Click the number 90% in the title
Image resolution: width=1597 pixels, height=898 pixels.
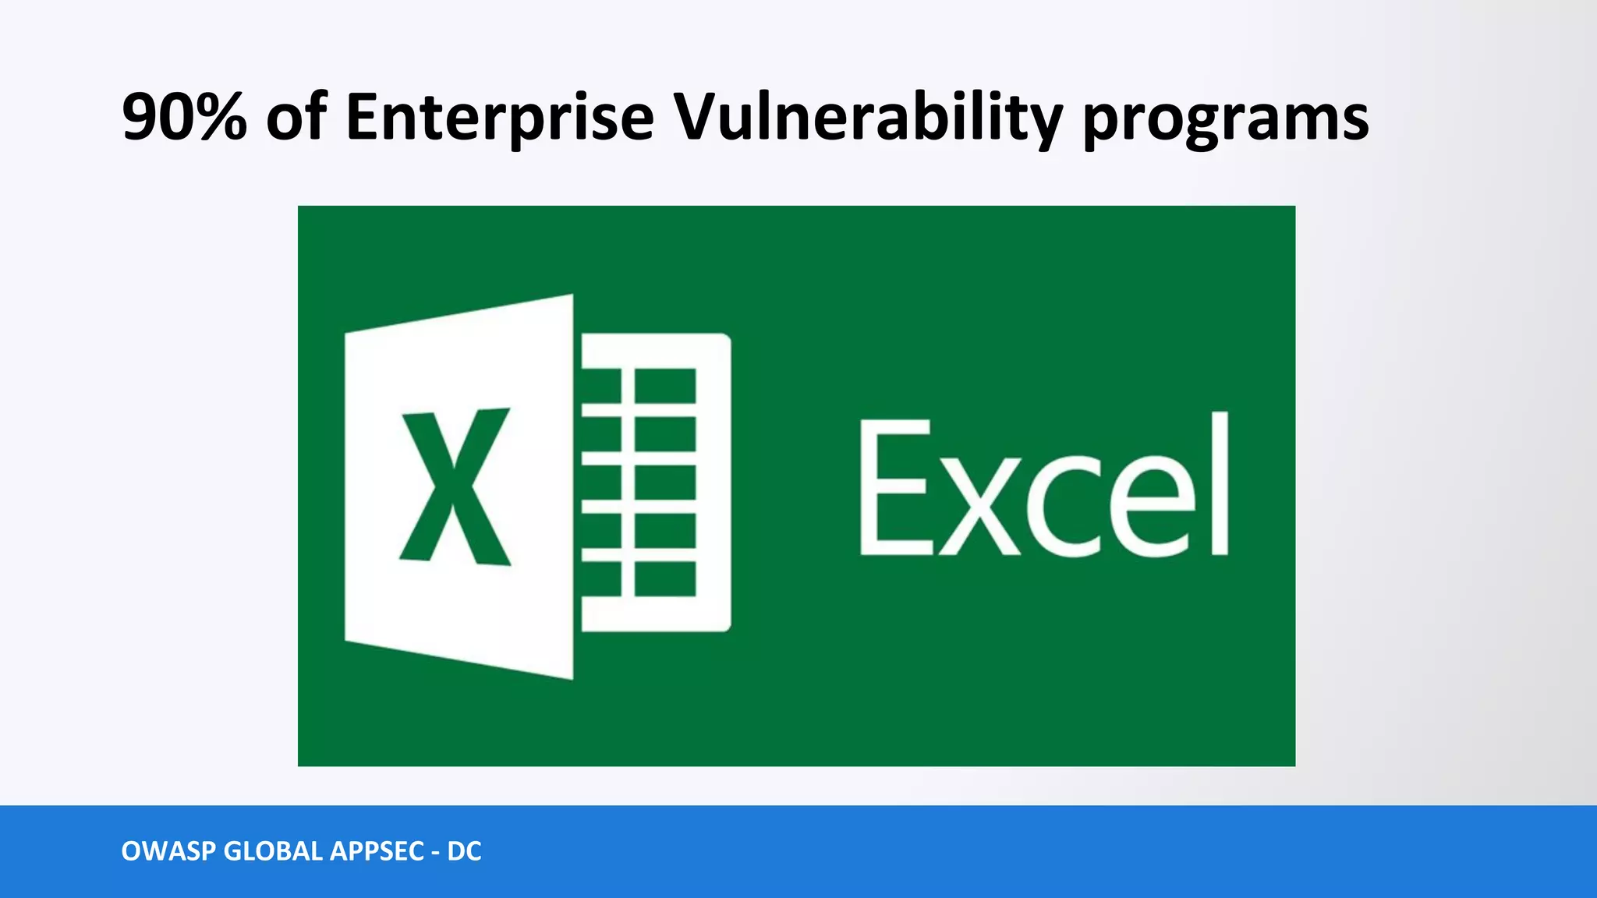tap(185, 117)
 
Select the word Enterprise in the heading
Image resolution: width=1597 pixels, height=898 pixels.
tap(499, 117)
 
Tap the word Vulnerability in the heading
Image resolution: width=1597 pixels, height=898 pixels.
tap(867, 117)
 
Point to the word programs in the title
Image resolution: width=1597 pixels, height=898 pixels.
tap(1225, 121)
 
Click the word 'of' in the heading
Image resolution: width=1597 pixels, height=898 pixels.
tap(296, 117)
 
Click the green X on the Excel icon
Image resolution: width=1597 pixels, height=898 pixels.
tap(455, 485)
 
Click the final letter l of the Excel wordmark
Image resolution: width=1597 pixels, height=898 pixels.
tap(1218, 483)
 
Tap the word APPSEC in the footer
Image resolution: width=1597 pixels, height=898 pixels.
tap(377, 851)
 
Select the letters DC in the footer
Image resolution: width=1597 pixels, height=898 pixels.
tap(464, 851)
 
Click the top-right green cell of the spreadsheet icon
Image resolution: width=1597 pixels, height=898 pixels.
tap(664, 385)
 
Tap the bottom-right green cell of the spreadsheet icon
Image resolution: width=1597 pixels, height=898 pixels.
tap(664, 578)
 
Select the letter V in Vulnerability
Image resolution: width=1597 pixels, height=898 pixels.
tap(698, 117)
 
